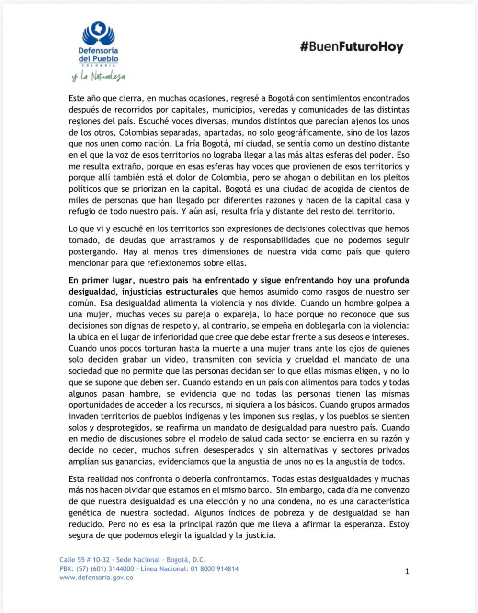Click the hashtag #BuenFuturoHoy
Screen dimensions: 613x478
tap(352, 47)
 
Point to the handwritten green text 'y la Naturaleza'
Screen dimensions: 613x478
tap(98, 76)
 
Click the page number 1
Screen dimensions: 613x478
tap(407, 571)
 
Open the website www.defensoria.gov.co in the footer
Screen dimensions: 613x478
tap(96, 578)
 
